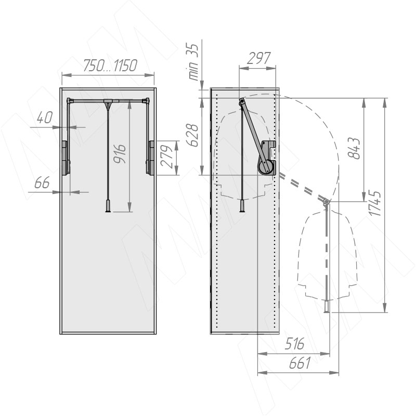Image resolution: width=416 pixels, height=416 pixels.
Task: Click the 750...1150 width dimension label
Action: point(110,66)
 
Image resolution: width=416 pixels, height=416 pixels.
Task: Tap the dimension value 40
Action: point(45,118)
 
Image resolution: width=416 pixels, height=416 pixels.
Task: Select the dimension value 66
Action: point(42,183)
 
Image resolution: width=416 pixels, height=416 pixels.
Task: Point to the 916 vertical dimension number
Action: point(120,154)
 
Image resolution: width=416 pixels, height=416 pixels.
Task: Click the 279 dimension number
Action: point(167,157)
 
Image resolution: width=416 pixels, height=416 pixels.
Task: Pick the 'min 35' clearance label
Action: point(193,62)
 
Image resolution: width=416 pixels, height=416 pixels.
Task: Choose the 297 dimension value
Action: point(258,58)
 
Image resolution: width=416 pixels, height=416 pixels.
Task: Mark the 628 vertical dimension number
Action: point(192,135)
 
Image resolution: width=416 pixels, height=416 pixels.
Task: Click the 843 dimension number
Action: point(354,149)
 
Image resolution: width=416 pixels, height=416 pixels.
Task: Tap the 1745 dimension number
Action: point(375,203)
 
